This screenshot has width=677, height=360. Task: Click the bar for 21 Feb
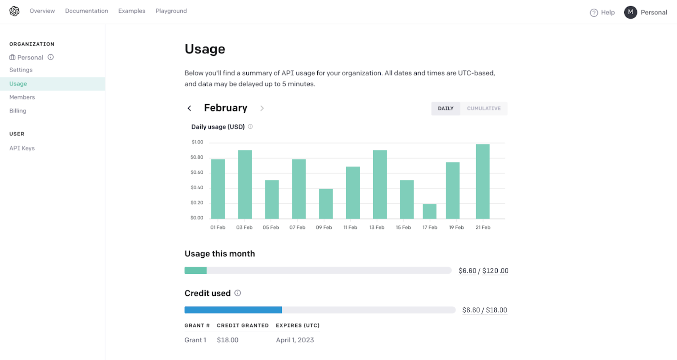pos(482,181)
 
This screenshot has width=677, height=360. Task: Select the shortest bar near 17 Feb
pos(429,212)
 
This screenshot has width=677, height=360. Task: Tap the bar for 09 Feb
pos(326,203)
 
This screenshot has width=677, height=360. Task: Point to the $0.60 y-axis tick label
pos(197,173)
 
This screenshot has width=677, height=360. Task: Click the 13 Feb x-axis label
pos(377,228)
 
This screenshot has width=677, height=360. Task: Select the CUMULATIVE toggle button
pos(484,109)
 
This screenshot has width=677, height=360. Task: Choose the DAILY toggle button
pos(446,109)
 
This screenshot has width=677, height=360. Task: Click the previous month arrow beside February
pos(190,108)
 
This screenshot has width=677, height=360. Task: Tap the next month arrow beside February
pos(262,108)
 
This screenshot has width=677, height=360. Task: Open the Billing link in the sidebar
pos(18,111)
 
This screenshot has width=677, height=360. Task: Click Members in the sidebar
pos(22,97)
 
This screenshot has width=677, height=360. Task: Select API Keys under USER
pos(22,148)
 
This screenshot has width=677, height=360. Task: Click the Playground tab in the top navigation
pos(171,11)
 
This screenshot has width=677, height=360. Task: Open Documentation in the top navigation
pos(86,11)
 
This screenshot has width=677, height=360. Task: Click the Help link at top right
pos(602,13)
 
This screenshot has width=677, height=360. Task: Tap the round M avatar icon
pos(630,12)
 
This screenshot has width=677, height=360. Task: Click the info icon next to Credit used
pos(238,293)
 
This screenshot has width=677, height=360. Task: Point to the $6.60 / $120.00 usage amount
pos(483,271)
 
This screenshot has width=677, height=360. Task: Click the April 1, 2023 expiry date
pos(295,340)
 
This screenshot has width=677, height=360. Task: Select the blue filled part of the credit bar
pos(233,310)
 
